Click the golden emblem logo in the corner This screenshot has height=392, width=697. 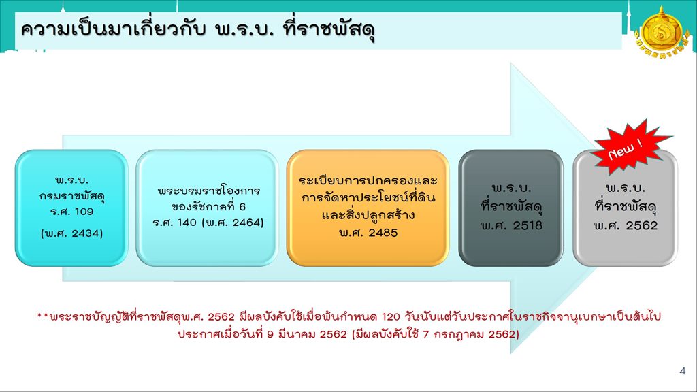[x=662, y=34]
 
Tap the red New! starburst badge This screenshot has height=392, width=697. [x=631, y=147]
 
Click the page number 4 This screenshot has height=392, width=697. [x=682, y=371]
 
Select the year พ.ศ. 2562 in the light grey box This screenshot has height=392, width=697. [x=625, y=225]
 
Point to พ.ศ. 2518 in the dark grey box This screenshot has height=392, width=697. [x=511, y=225]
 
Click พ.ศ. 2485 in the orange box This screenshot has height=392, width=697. [x=368, y=233]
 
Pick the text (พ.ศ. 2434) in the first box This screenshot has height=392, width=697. [x=71, y=233]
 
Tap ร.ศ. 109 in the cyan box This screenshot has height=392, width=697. [x=71, y=212]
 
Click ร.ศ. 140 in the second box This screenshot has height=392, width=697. [x=175, y=223]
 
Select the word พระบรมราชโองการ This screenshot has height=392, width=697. [x=208, y=191]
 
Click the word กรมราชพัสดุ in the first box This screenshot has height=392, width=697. [x=71, y=196]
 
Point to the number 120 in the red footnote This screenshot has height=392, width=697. [x=391, y=317]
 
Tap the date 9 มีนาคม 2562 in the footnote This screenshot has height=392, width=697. [x=307, y=334]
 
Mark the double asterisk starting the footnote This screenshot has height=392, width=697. [x=43, y=316]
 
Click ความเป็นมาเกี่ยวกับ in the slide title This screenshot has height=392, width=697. [x=114, y=29]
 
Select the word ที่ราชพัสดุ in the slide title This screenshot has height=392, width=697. [x=329, y=30]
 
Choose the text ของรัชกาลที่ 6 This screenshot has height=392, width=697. [x=208, y=207]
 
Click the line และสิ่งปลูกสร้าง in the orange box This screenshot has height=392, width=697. [x=368, y=214]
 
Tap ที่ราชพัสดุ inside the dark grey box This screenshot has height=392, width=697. [x=511, y=207]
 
